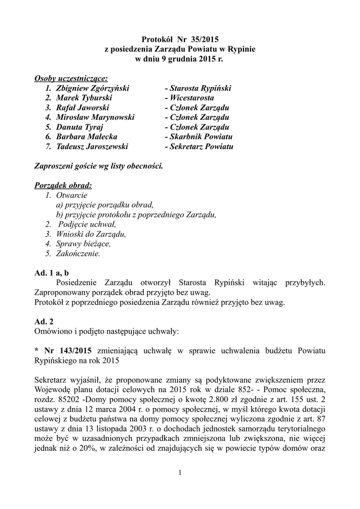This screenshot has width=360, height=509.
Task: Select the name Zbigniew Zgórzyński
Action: (x=92, y=88)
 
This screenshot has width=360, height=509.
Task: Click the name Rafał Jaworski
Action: (x=83, y=107)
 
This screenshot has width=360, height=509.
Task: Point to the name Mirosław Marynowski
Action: (x=95, y=117)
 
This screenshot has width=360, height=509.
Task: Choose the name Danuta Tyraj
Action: (x=77, y=127)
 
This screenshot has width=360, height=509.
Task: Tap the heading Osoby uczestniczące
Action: (x=71, y=79)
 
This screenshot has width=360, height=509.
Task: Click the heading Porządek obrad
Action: (x=63, y=185)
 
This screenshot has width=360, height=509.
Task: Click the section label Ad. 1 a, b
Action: (x=52, y=273)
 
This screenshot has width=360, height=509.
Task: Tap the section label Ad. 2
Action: (x=44, y=322)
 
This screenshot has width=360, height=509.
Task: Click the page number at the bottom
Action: (x=180, y=472)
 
